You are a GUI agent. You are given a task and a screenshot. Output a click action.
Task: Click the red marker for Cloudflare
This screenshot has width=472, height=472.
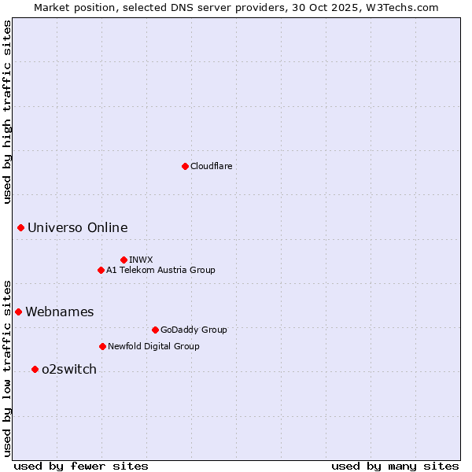tap(185, 166)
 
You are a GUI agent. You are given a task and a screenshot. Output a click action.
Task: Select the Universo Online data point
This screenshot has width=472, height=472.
tap(20, 227)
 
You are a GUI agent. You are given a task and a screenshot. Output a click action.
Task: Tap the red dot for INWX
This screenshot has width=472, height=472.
tap(124, 260)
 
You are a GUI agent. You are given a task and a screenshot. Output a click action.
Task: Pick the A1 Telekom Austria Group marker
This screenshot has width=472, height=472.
tap(101, 270)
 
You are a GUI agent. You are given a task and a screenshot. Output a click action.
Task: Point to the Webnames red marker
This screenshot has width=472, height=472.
tap(18, 312)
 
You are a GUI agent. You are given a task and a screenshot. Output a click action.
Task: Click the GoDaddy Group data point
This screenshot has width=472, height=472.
tap(155, 330)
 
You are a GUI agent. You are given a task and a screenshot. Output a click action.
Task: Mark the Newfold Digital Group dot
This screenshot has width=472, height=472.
tap(102, 346)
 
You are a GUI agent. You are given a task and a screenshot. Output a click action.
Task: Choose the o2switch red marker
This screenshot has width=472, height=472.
tap(35, 369)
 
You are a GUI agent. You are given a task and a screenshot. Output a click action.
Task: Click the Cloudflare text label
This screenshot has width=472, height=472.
tap(211, 166)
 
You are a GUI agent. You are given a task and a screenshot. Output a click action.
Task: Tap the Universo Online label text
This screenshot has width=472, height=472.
tap(77, 228)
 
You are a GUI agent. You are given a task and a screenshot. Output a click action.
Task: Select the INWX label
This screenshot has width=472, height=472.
tap(141, 260)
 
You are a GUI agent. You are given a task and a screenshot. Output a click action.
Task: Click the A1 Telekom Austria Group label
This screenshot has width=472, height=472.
tap(160, 270)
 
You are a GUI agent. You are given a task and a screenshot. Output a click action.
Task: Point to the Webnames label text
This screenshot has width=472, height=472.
tap(59, 312)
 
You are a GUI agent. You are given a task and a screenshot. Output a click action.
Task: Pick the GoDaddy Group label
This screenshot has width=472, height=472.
tap(193, 330)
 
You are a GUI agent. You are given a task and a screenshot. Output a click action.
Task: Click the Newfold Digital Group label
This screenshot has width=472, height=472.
tap(153, 346)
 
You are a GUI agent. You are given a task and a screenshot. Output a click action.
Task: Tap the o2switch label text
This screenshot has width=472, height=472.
tap(68, 370)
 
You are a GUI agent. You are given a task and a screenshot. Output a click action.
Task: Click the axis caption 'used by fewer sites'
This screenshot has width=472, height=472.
tap(81, 466)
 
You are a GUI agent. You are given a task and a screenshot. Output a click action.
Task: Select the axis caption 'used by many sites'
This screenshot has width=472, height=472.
tap(395, 466)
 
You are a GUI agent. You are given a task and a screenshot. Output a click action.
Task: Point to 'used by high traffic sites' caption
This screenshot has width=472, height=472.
tap(7, 112)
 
